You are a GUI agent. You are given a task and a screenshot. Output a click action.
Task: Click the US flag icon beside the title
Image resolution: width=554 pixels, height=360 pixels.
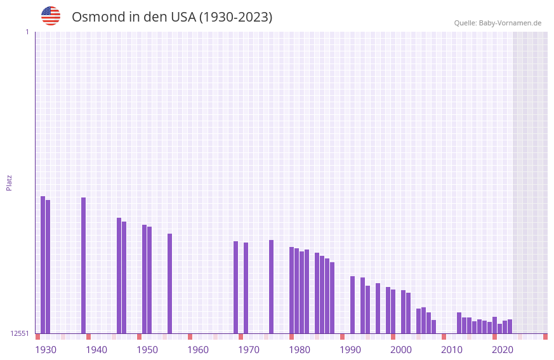click(x=51, y=16)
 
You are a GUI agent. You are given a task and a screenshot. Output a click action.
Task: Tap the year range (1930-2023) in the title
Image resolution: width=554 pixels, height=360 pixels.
click(x=235, y=17)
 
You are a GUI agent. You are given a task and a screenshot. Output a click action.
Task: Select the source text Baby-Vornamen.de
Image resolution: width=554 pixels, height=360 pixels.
click(x=510, y=23)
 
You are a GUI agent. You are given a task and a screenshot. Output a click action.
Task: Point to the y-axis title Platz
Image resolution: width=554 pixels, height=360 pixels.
click(x=9, y=182)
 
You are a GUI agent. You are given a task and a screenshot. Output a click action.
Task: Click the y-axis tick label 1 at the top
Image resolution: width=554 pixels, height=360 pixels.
click(x=27, y=32)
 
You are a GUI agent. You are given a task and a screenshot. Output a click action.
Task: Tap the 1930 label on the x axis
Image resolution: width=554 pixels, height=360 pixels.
click(x=46, y=350)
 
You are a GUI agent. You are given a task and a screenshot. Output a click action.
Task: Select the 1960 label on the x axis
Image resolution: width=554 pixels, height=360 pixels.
click(x=198, y=350)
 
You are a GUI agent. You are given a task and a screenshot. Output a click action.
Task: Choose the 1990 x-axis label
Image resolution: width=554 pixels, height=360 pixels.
click(x=350, y=350)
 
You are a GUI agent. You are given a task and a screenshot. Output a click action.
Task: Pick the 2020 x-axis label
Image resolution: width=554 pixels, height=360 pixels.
click(x=503, y=350)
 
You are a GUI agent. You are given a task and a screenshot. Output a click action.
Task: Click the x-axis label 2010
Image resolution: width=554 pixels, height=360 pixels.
click(x=452, y=350)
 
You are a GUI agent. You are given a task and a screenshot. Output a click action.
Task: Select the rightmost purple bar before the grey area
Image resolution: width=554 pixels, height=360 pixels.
click(x=510, y=326)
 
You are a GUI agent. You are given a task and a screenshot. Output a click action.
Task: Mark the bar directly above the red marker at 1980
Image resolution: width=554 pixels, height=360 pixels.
click(x=291, y=290)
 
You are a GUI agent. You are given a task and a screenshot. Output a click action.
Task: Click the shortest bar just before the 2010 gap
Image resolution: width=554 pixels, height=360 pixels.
click(x=433, y=326)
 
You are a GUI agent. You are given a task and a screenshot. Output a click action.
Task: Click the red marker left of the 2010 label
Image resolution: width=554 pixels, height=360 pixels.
click(x=444, y=337)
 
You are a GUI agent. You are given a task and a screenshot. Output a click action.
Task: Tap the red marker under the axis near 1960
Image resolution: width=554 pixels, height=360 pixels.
click(x=190, y=337)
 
